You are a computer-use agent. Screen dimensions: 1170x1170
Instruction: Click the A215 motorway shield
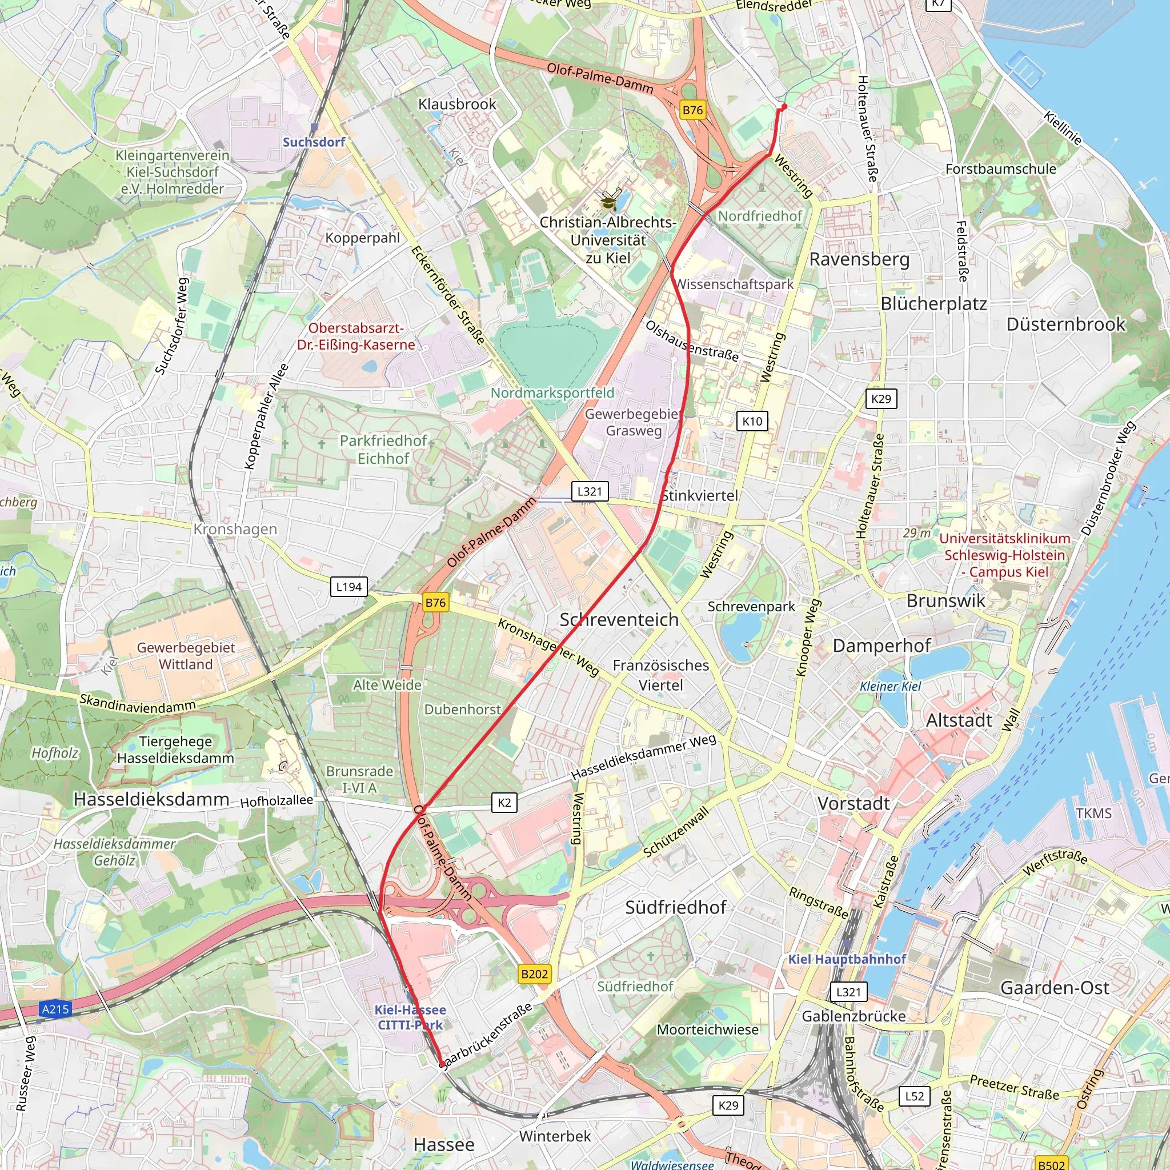click(x=55, y=1009)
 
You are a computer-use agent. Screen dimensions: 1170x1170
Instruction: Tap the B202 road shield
click(x=534, y=974)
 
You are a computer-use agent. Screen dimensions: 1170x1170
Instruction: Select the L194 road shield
click(x=349, y=587)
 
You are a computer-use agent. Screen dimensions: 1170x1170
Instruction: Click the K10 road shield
click(x=752, y=421)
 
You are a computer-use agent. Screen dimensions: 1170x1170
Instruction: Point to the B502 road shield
click(x=1051, y=1164)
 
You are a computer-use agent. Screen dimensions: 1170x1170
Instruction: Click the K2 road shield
click(x=504, y=803)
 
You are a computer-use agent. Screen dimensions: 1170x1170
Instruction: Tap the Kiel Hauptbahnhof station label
click(x=847, y=959)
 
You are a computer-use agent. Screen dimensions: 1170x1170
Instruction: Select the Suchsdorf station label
click(x=314, y=142)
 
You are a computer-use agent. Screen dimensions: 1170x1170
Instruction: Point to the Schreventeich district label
click(x=619, y=619)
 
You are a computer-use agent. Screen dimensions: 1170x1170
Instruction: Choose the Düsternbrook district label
click(x=1065, y=324)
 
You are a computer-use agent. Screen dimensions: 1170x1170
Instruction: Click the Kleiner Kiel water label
click(x=890, y=686)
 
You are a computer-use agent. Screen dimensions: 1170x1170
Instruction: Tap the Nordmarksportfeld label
click(x=552, y=393)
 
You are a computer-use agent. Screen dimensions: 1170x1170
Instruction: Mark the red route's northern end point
click(x=784, y=107)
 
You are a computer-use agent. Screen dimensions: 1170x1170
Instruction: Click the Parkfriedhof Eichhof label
click(x=383, y=450)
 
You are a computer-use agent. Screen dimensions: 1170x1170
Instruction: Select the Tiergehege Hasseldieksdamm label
click(x=175, y=750)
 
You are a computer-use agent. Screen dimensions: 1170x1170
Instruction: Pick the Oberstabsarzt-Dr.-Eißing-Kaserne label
click(x=356, y=336)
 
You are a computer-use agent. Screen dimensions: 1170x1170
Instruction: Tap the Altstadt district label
click(x=959, y=720)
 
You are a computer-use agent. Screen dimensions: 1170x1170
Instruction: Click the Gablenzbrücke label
click(x=854, y=1016)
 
